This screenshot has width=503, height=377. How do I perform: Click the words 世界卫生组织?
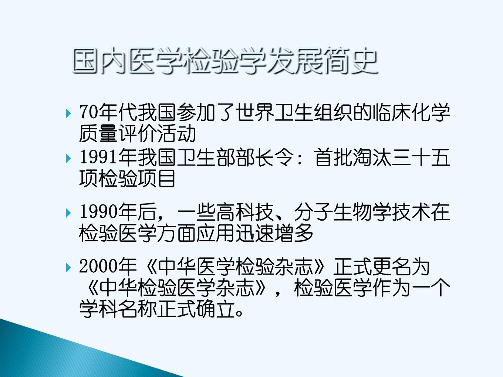[x=294, y=112]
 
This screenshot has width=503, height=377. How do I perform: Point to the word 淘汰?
[x=372, y=157]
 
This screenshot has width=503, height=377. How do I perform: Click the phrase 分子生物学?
[x=343, y=212]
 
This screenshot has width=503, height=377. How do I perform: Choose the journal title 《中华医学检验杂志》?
[x=235, y=266]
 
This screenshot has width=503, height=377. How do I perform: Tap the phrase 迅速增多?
[x=274, y=233]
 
